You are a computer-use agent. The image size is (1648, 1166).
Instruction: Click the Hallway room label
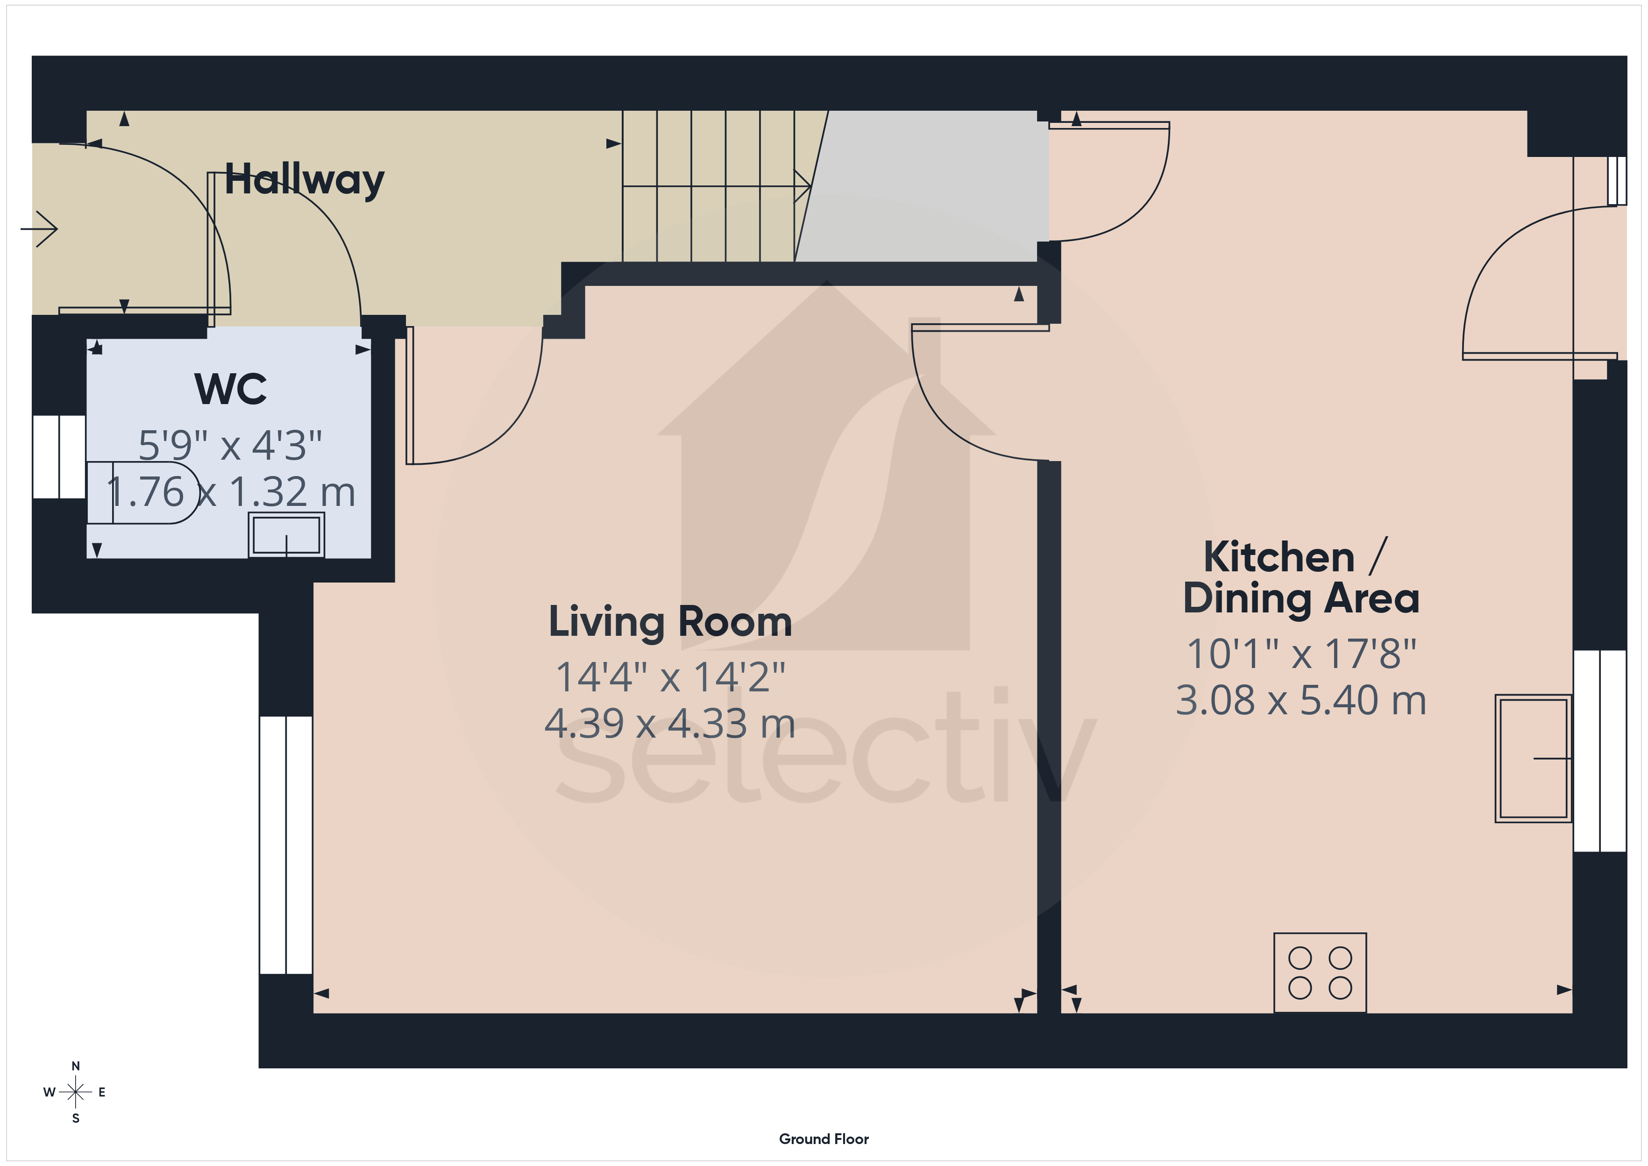point(305,180)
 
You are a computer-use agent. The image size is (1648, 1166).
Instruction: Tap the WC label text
point(230,389)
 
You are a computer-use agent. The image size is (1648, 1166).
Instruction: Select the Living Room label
point(670,622)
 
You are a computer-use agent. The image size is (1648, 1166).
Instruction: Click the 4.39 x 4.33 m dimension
point(670,723)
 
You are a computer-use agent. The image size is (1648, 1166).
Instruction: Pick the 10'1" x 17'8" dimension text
point(1300,654)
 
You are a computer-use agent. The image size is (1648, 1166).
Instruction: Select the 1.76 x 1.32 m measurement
point(230,492)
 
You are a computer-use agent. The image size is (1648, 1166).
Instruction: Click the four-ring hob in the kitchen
point(1320,973)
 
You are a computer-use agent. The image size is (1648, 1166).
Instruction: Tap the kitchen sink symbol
point(1533,758)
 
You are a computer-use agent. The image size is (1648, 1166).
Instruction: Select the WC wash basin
point(286,535)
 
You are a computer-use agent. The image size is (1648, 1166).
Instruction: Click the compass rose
point(75,1092)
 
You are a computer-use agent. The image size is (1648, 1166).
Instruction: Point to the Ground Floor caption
point(824,1139)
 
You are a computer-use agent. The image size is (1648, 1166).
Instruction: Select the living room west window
point(286,845)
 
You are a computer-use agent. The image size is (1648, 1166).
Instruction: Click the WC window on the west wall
point(59,456)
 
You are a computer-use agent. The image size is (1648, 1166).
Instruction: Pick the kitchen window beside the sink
point(1600,751)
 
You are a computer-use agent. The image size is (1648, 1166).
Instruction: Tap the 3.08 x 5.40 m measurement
point(1300,700)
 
